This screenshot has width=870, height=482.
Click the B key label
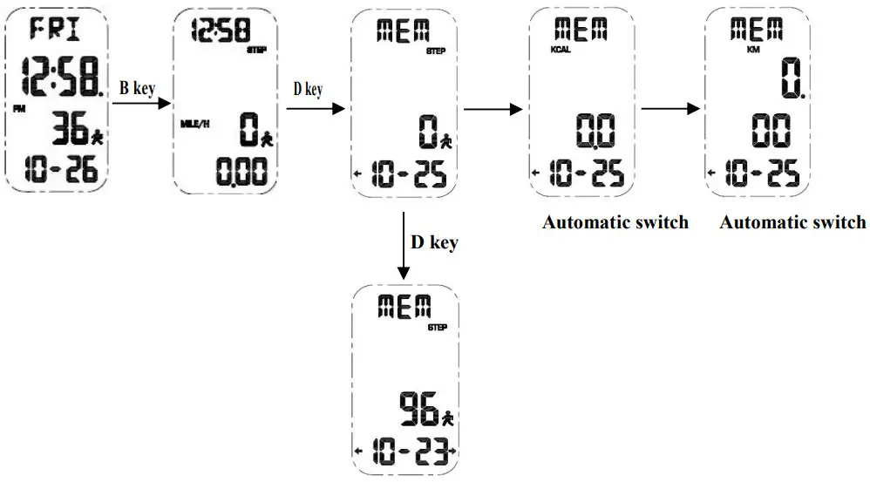(x=137, y=89)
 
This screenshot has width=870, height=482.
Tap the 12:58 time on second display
(x=221, y=32)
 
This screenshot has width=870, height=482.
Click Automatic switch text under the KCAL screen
(x=615, y=221)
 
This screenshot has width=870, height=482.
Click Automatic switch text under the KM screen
(x=792, y=221)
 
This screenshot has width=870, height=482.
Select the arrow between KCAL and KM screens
(x=670, y=108)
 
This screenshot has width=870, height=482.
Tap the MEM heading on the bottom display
(x=404, y=306)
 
